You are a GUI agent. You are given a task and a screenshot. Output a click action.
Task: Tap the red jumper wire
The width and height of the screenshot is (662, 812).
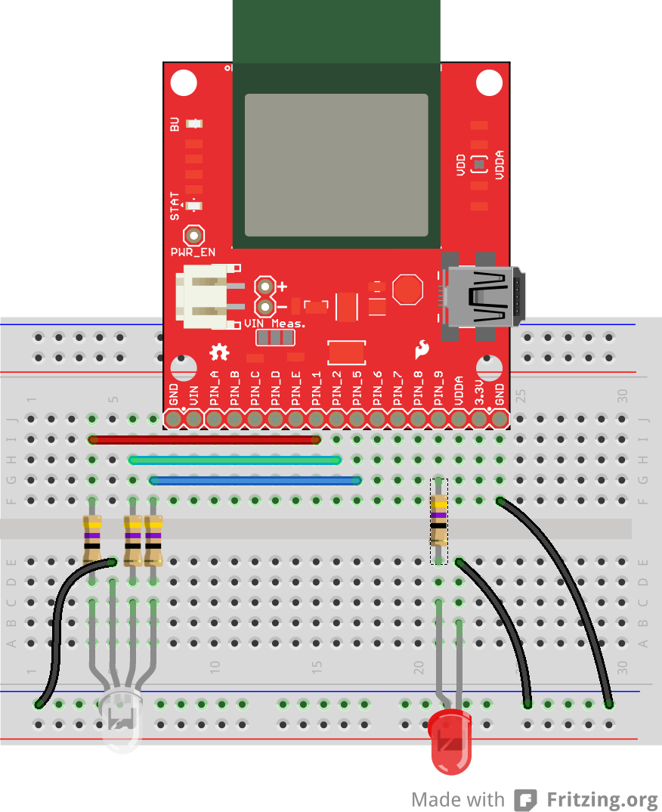coord(204,439)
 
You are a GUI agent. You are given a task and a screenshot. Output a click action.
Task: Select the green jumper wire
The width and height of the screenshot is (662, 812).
coord(234,459)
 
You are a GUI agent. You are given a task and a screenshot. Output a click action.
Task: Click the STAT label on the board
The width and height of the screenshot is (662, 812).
coord(175,206)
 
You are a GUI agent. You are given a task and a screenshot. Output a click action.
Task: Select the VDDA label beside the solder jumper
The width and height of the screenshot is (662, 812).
coord(500,164)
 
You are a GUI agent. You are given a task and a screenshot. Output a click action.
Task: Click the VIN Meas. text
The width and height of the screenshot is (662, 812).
coord(275,324)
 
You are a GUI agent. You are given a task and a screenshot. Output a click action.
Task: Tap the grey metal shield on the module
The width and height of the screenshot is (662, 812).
coord(336,164)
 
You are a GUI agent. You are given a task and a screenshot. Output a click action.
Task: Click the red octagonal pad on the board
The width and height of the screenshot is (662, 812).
coord(408,290)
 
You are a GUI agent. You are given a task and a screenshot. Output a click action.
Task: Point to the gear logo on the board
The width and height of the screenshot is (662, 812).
coord(219,352)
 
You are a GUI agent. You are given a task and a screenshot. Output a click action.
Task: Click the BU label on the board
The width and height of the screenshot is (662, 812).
coord(175,124)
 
